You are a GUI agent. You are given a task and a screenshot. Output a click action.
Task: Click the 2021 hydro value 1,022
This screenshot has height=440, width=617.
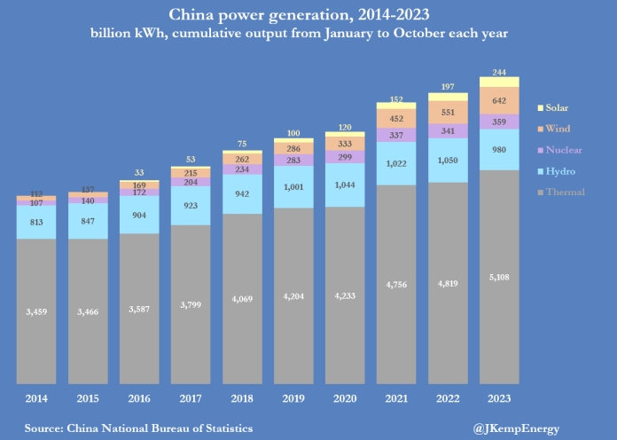tap(396, 164)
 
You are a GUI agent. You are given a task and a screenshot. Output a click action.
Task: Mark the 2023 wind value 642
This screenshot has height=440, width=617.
tap(499, 100)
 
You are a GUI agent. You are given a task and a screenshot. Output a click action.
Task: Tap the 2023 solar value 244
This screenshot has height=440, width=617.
tap(499, 73)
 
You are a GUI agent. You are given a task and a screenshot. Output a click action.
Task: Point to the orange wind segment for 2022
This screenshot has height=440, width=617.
tap(448, 113)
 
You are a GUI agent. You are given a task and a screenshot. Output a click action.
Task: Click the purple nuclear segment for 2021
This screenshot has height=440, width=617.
tap(396, 136)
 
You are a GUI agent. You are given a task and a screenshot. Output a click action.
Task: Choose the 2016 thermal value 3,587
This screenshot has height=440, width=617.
tap(139, 310)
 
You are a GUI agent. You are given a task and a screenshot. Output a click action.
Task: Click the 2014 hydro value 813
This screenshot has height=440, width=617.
tap(36, 223)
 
